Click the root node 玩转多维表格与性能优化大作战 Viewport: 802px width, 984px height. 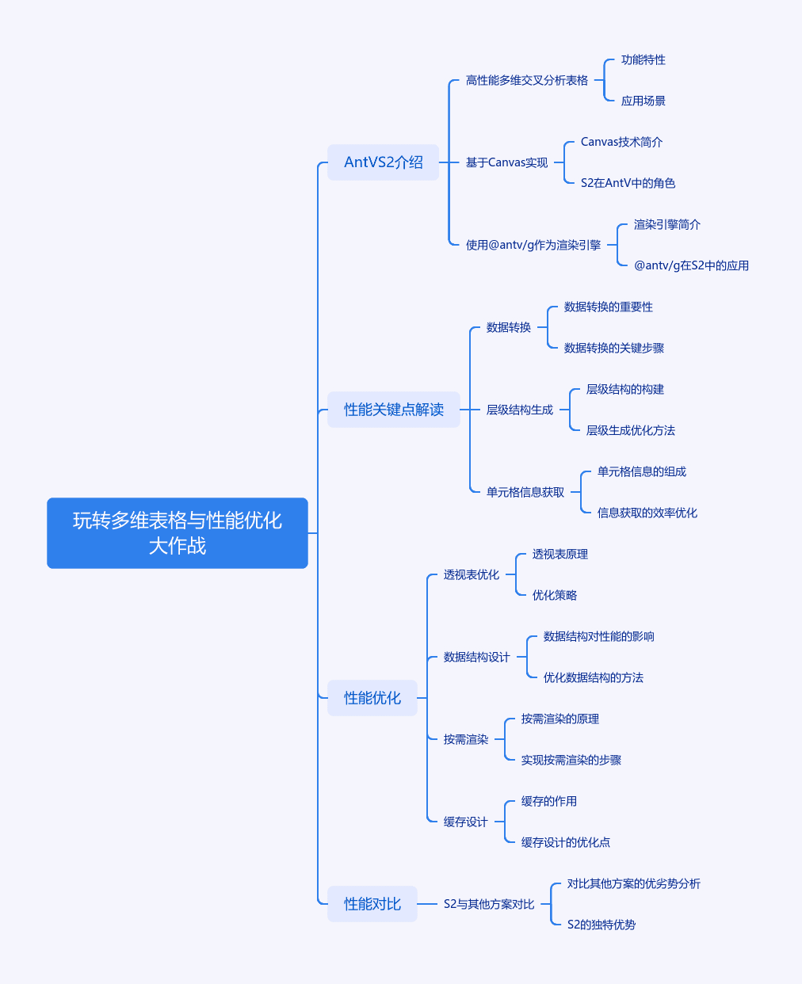(x=178, y=533)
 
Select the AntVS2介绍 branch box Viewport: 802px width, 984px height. (x=383, y=162)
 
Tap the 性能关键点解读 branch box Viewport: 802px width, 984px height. (x=394, y=410)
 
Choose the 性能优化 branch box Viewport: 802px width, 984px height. (x=372, y=697)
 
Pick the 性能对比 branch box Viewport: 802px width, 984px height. (x=372, y=904)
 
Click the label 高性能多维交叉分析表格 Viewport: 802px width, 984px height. (x=527, y=80)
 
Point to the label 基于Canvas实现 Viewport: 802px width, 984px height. (x=506, y=162)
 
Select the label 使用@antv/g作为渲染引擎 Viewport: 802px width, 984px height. (x=533, y=245)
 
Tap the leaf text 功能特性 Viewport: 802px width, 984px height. (x=643, y=59)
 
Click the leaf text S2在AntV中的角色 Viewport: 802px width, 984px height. (x=628, y=183)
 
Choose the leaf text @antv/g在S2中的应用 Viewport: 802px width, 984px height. (x=691, y=265)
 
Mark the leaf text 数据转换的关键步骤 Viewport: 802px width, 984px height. (x=614, y=348)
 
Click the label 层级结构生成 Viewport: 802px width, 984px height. (x=520, y=410)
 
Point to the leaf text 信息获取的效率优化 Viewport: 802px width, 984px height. (x=647, y=513)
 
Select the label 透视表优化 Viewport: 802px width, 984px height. (x=472, y=574)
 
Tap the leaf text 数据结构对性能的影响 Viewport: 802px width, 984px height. (x=599, y=637)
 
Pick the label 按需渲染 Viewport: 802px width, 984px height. (x=466, y=740)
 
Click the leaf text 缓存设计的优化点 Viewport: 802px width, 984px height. (x=566, y=843)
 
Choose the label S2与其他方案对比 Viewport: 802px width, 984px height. (x=489, y=904)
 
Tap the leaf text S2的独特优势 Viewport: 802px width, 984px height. (x=601, y=925)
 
